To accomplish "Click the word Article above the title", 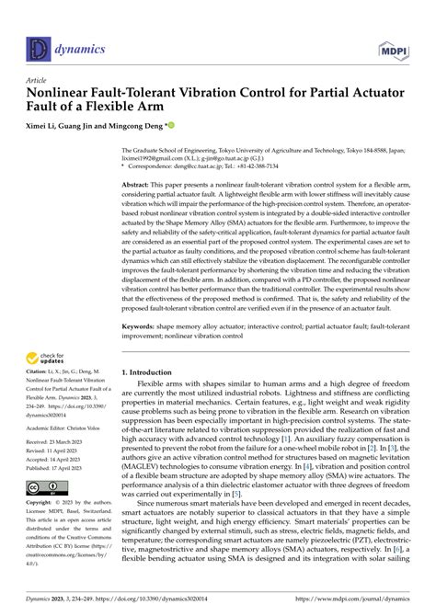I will pyautogui.click(x=40, y=80).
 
